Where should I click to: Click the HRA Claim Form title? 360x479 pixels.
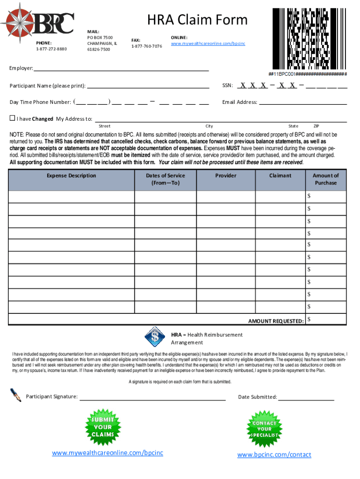[197, 20]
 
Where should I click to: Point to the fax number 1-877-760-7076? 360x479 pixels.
[146, 46]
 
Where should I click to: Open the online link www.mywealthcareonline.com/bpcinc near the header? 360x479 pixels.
[208, 44]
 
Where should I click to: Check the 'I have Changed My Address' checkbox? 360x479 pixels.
[13, 118]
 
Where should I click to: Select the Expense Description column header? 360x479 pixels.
[71, 176]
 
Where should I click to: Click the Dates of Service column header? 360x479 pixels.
[166, 179]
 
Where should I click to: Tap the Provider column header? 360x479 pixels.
[225, 176]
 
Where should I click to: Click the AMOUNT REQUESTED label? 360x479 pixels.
[276, 321]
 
